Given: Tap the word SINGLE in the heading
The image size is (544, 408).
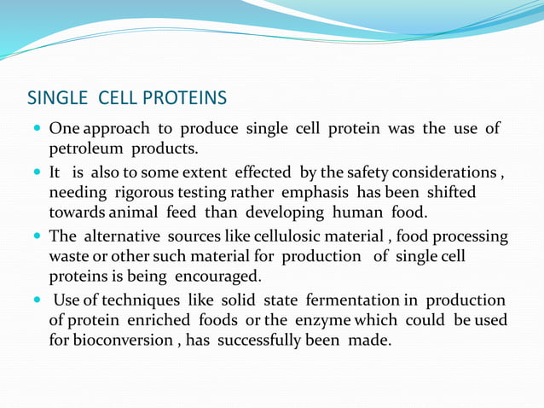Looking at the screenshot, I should (58, 98).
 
